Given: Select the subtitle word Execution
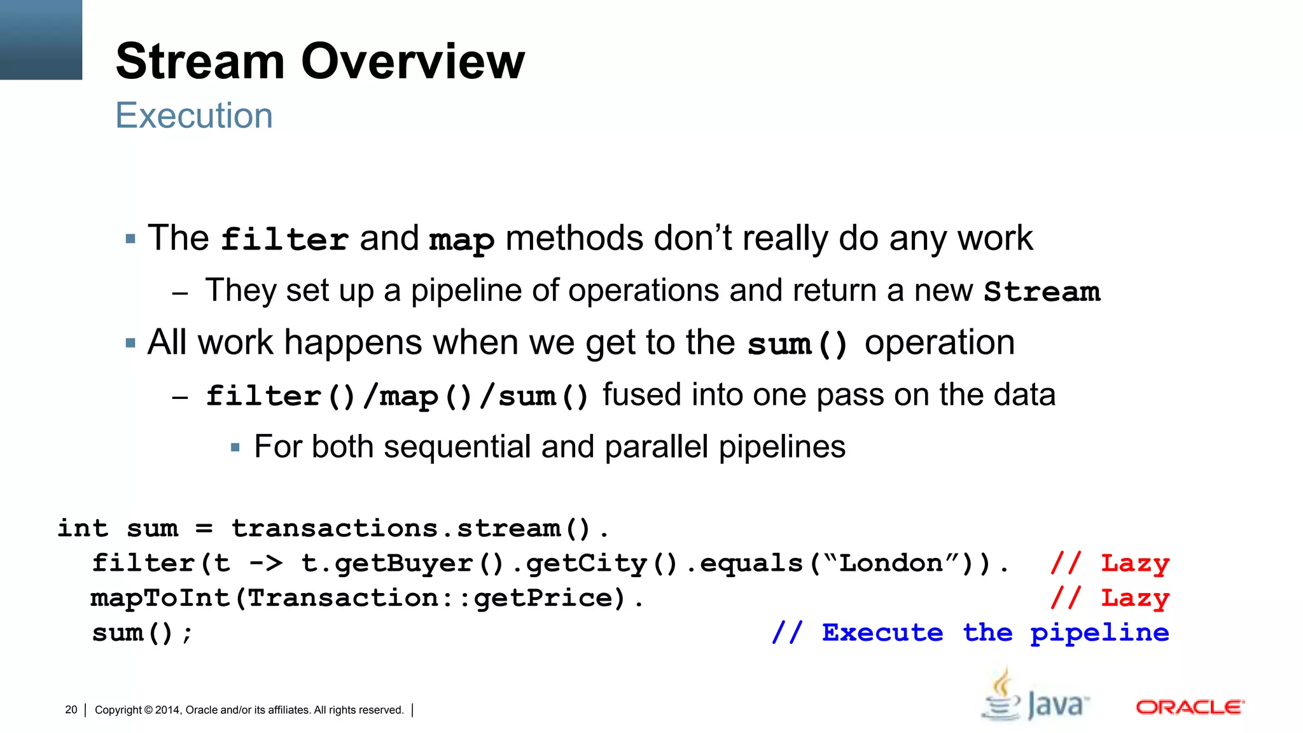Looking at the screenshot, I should click(194, 116).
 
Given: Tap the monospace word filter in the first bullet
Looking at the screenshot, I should click(284, 240).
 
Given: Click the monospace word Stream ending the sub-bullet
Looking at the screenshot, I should click(1042, 292).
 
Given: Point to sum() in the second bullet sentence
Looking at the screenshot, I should click(798, 344).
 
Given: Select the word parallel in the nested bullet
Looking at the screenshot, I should click(657, 447).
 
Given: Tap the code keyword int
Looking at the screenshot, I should click(83, 528).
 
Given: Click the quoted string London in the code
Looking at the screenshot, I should click(891, 563).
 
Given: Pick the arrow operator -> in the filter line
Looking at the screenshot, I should click(265, 563).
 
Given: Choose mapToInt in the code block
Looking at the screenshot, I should click(160, 598).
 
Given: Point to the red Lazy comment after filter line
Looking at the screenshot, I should click(1135, 564).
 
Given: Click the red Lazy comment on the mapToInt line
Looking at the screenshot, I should click(1135, 598).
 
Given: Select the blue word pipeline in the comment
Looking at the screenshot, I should click(1099, 633).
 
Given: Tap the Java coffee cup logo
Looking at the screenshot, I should click(1002, 697).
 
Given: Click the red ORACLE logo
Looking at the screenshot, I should click(1190, 708).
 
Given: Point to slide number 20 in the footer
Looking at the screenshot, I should click(71, 709).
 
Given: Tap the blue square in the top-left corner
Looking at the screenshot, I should click(41, 39).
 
